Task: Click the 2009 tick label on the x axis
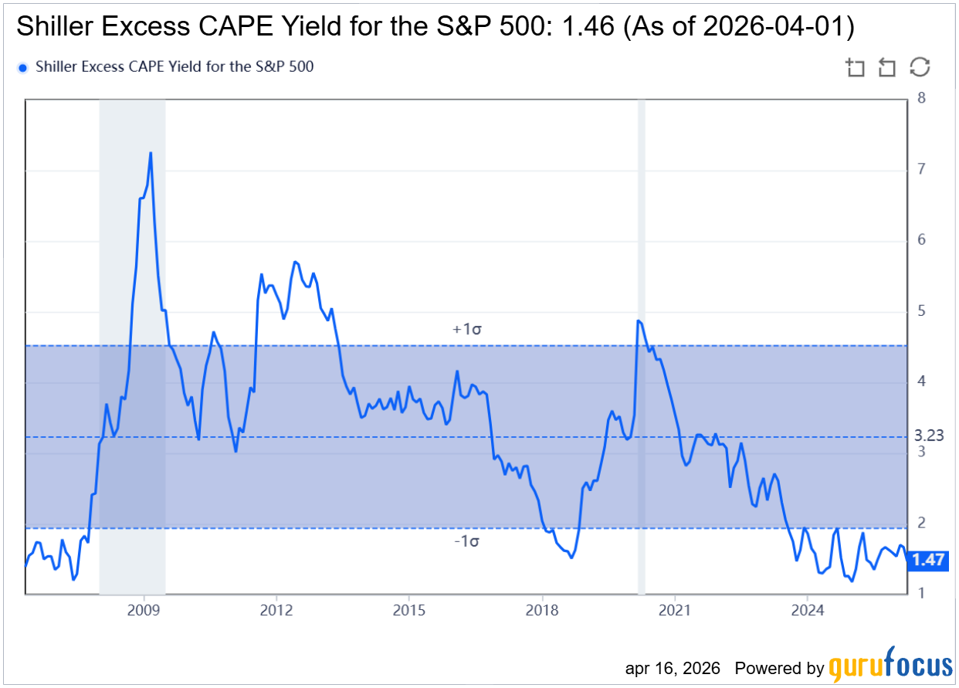(x=144, y=610)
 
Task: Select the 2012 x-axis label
(x=276, y=610)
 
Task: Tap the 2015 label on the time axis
(x=409, y=610)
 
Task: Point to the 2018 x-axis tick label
(x=542, y=610)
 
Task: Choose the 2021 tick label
(x=675, y=610)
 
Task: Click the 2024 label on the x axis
(x=807, y=610)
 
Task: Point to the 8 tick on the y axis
(x=920, y=98)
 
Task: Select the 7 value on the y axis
(x=920, y=169)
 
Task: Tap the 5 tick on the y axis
(x=920, y=311)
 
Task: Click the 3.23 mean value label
(x=928, y=436)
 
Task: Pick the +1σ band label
(x=467, y=329)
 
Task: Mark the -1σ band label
(x=467, y=541)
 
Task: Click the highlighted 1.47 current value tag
(x=928, y=561)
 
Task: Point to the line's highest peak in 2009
(x=151, y=153)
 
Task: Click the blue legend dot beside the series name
(x=22, y=67)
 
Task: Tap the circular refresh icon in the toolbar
(x=920, y=67)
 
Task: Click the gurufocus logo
(x=890, y=666)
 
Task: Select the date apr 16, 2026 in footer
(x=673, y=667)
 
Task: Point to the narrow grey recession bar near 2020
(x=641, y=347)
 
